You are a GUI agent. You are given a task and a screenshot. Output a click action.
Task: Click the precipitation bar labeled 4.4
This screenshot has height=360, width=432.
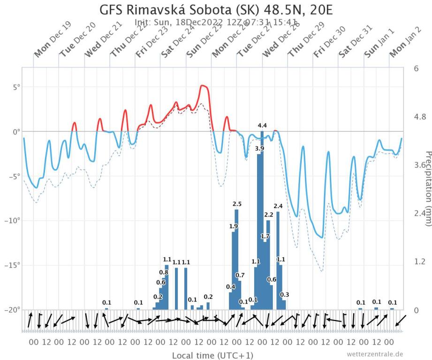[x=262, y=220]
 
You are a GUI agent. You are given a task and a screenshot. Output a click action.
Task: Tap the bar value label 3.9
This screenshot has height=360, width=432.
[x=259, y=149]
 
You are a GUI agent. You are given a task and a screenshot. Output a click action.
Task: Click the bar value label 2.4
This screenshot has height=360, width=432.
[x=278, y=206]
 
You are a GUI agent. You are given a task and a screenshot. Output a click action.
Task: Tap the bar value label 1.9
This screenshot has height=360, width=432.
[x=234, y=226]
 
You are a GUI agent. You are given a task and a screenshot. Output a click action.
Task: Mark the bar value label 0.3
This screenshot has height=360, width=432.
[x=284, y=294]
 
